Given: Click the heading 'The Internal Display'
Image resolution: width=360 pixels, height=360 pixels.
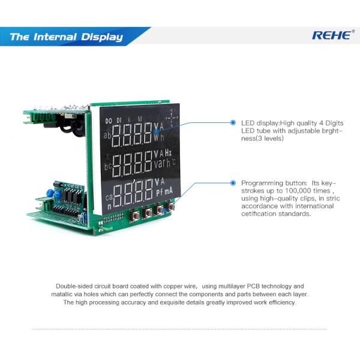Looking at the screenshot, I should (x=66, y=37).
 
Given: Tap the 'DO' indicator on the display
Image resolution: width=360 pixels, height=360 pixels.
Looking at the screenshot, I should (x=109, y=121).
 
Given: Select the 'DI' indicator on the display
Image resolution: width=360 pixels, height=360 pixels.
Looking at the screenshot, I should (x=119, y=121).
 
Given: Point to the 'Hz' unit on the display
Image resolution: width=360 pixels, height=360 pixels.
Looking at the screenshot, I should (x=169, y=153).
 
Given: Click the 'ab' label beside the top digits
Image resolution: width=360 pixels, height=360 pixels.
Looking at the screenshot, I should (x=107, y=136).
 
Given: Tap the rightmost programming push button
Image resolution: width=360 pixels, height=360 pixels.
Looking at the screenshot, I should (x=173, y=208).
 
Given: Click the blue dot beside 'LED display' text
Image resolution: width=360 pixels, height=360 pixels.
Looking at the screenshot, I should (x=233, y=122).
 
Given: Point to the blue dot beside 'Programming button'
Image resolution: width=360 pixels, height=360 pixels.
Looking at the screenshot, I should (x=233, y=182).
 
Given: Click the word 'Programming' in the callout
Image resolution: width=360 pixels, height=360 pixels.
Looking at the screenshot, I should (x=261, y=182).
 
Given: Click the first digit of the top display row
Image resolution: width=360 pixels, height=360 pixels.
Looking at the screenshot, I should (x=119, y=134).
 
